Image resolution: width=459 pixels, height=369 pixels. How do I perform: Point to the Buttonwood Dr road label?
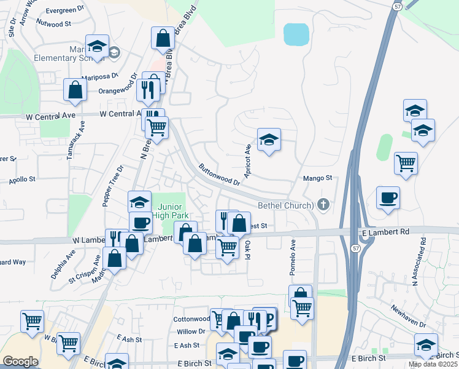coord(219,174)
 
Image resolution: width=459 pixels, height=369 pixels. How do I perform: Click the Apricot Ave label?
coord(248,161)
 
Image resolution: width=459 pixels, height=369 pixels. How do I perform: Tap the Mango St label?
coord(318,178)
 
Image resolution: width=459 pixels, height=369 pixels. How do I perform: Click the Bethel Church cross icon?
coord(323,204)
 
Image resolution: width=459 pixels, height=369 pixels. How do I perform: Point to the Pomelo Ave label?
coord(293,252)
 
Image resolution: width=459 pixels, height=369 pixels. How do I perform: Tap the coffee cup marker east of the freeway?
coord(388,198)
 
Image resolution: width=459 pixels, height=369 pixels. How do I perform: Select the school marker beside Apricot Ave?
coord(269,141)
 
